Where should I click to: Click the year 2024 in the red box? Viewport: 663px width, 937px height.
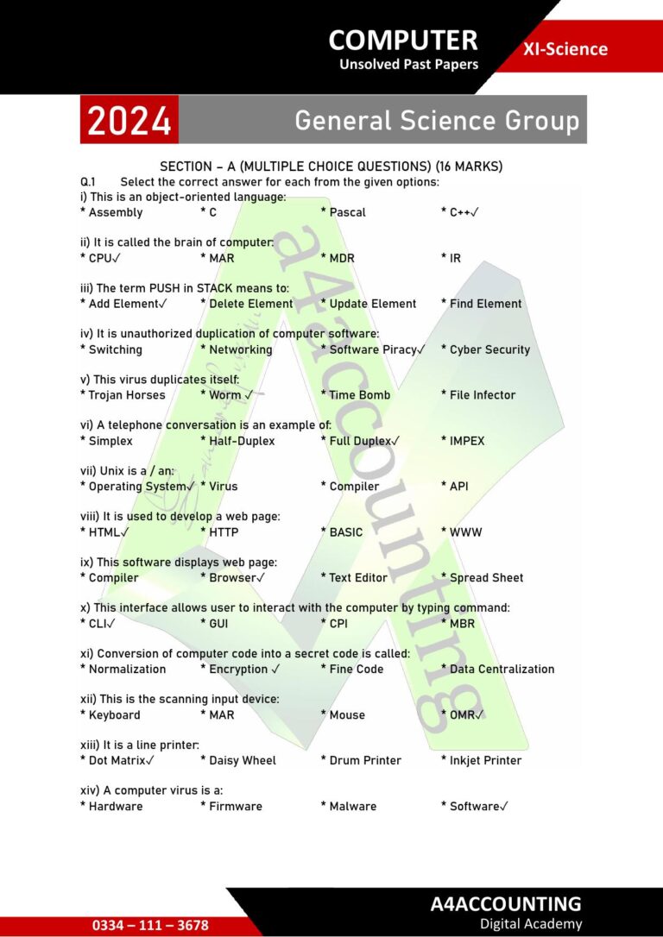[x=129, y=121]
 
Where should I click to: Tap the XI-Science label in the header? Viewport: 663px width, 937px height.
[x=565, y=49]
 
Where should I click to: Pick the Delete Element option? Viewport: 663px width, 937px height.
[x=250, y=304]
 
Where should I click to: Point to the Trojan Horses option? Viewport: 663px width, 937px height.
[x=126, y=395]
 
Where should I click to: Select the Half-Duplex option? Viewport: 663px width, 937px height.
[x=242, y=441]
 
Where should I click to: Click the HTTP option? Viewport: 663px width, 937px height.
[x=224, y=532]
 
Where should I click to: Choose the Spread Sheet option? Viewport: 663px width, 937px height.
[x=486, y=578]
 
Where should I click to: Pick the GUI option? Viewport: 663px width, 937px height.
[x=218, y=624]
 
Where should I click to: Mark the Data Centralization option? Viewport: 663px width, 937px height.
[x=502, y=670]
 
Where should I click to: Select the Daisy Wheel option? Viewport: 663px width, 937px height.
[x=243, y=761]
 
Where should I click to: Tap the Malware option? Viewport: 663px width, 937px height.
[x=352, y=807]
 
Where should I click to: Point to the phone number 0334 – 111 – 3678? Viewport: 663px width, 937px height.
[x=150, y=925]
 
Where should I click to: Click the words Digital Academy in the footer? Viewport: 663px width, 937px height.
[x=531, y=924]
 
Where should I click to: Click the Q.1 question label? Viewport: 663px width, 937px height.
[x=87, y=182]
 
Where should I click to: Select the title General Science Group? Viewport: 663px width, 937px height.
[x=437, y=121]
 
